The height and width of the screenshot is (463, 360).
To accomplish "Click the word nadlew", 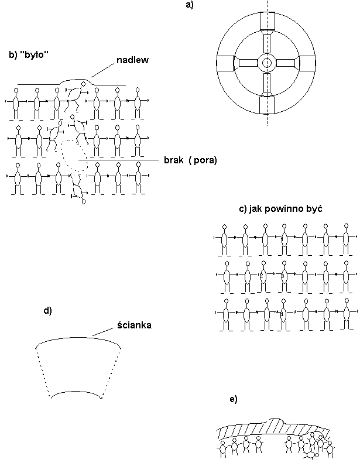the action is pos(133,60).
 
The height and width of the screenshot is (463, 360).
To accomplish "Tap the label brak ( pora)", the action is pos(190,160).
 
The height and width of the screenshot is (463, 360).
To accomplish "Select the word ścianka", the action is pos(135,325).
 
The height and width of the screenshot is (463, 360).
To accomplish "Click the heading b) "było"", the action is pos(29,54).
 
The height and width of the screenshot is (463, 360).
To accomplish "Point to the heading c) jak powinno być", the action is pos(280,209).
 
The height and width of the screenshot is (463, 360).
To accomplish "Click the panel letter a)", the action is pos(190,5).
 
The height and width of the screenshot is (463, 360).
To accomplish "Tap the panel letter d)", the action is pos(47,311).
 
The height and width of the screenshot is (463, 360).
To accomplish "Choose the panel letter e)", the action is pos(234,399).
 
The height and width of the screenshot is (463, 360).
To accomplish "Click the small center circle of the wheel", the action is pos(267,63).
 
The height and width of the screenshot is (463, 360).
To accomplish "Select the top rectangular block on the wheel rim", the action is pos(268,20).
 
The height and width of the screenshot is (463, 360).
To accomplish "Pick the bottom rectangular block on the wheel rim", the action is pos(268,105).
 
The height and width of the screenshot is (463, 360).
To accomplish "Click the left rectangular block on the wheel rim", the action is pos(225,63).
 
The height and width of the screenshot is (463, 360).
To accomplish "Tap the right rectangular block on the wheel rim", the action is pos(308,63).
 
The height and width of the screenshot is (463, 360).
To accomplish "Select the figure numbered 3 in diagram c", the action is pos(283,276).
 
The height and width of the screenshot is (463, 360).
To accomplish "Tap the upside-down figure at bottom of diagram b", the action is pos(78,189).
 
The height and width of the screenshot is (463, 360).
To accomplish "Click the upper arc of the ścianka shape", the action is pos(78,338).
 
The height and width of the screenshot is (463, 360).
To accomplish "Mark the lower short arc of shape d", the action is pos(76,392).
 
